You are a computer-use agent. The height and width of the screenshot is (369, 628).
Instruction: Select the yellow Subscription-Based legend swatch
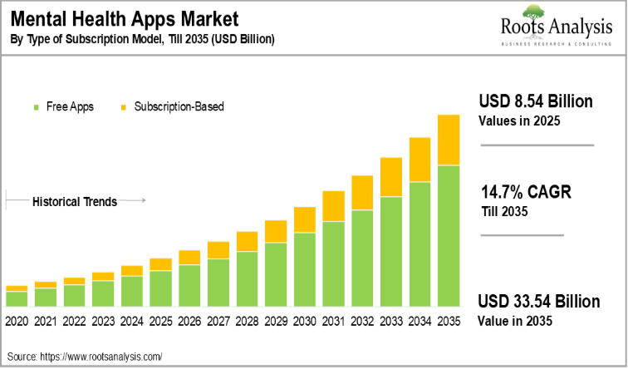point(123,107)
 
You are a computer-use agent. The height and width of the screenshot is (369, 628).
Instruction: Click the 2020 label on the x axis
point(17,322)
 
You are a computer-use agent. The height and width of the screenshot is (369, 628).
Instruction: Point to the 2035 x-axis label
point(449,322)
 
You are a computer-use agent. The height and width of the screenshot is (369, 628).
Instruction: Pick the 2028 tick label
point(247,322)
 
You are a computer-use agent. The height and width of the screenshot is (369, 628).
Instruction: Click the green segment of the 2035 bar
point(449,237)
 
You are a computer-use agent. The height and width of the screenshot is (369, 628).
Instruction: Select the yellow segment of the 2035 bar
point(449,140)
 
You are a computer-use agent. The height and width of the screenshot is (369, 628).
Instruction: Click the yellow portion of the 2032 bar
point(362,193)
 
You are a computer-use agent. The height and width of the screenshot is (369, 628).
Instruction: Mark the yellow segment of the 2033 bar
point(391,177)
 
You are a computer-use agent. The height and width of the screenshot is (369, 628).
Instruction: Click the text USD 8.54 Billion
point(536,102)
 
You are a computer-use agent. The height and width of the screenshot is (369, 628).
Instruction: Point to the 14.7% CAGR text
point(526,194)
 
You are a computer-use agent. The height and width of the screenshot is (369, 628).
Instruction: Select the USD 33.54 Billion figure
point(539,302)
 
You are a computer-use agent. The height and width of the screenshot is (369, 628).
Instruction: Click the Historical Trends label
point(74,201)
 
